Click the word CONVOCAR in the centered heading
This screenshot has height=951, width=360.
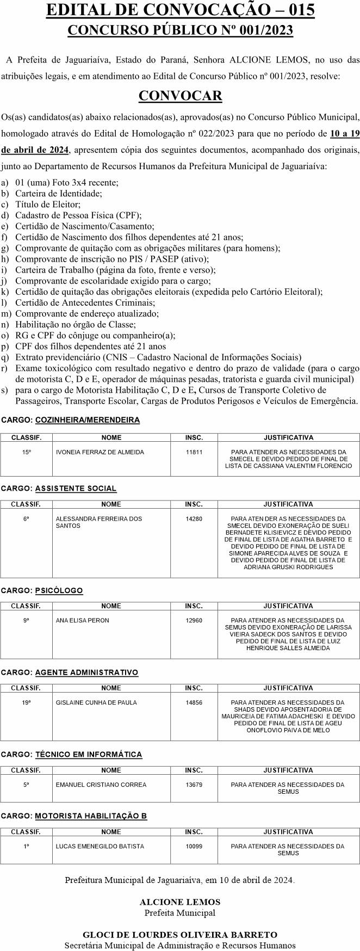[180, 96]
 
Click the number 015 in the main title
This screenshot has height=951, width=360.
[298, 10]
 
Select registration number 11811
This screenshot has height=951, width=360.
[194, 452]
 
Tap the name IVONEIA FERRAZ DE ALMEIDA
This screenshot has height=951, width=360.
[100, 452]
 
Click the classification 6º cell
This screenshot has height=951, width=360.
[26, 518]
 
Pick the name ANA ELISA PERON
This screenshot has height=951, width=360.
[82, 620]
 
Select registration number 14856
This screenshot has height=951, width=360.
[194, 702]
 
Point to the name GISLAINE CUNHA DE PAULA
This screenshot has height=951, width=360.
[96, 702]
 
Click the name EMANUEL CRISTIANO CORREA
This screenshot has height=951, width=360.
[101, 785]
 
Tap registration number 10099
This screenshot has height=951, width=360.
[194, 846]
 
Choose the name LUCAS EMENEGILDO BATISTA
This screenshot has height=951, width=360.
[100, 846]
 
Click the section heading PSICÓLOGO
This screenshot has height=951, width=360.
[59, 590]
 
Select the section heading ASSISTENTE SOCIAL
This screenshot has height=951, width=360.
[76, 489]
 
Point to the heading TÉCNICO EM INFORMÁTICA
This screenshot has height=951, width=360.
[88, 755]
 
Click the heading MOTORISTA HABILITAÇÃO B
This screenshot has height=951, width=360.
[91, 816]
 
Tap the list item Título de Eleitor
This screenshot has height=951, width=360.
[48, 205]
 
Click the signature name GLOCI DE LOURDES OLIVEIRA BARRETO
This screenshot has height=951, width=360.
[180, 935]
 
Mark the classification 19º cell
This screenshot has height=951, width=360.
[26, 702]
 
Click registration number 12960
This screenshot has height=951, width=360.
[194, 620]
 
